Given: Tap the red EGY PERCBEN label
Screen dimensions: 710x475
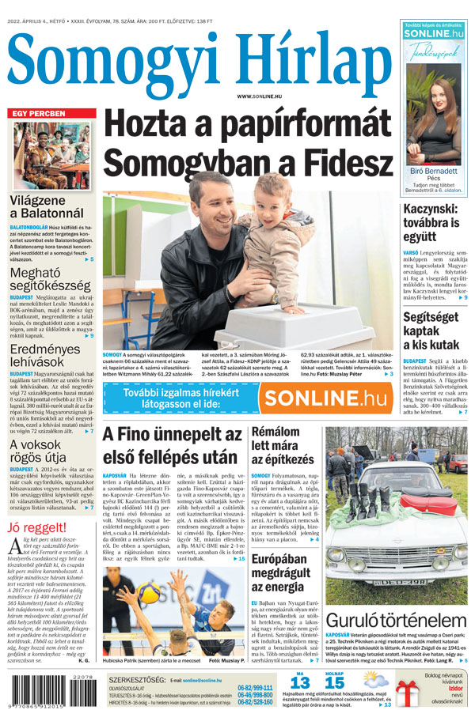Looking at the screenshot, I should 37,114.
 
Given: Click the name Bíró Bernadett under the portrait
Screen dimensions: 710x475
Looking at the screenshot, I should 433,171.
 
